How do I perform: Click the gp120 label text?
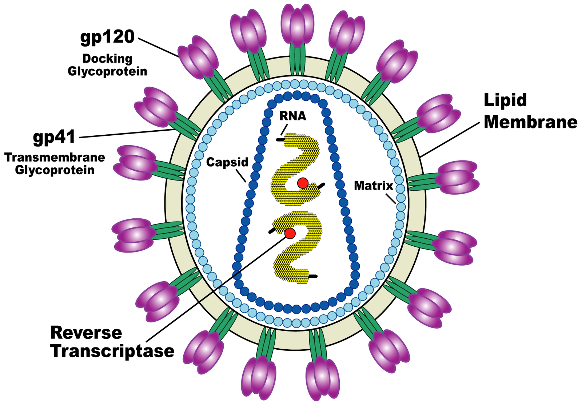108,37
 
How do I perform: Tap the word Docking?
107,59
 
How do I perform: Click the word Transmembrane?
55,158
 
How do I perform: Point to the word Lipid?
505,100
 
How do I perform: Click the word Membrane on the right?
530,122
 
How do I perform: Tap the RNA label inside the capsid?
293,116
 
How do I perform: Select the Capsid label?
227,162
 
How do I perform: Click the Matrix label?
373,186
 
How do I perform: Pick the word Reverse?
86,333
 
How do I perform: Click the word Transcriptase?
112,351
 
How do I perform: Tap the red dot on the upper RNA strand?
303,183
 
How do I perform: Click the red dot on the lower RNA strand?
290,233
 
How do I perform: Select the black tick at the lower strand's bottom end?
313,276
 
